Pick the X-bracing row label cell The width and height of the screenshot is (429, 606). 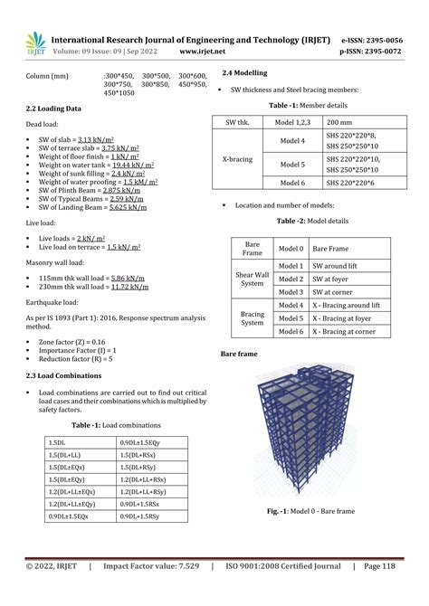pyautogui.click(x=237, y=158)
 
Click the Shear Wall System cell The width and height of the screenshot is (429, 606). pyautogui.click(x=253, y=279)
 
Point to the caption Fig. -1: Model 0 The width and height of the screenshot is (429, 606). pyautogui.click(x=310, y=511)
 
